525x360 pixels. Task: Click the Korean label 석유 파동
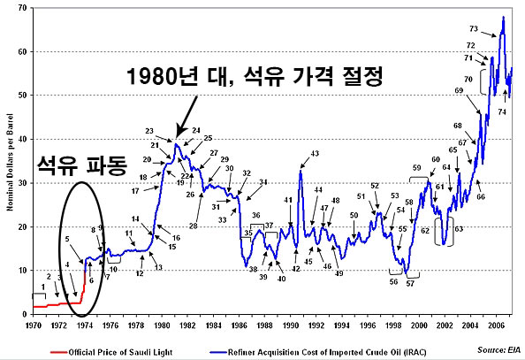(x=83, y=165)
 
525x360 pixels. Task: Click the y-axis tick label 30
(x=20, y=183)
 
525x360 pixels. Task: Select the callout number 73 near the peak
(x=474, y=28)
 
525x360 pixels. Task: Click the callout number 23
(x=149, y=131)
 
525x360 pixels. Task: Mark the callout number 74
(x=502, y=112)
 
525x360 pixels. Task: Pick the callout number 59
(x=416, y=168)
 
